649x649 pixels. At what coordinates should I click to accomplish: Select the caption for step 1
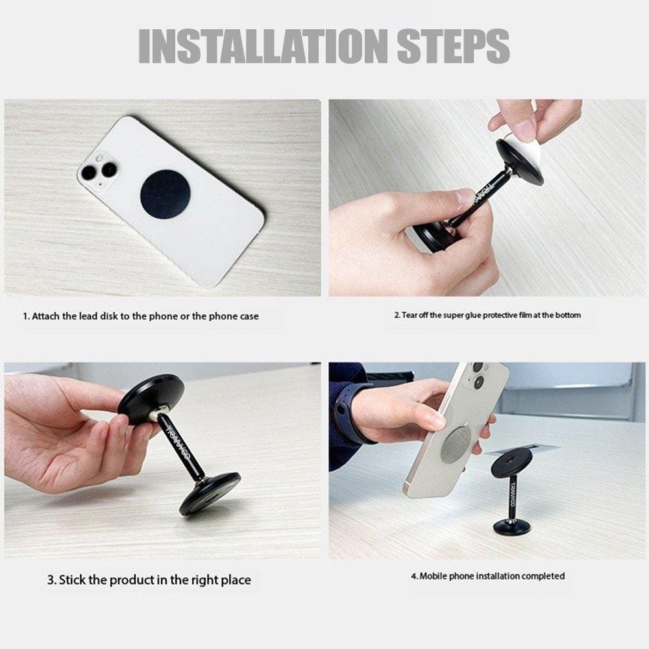click(x=141, y=316)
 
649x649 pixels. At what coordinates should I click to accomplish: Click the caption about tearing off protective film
click(x=487, y=315)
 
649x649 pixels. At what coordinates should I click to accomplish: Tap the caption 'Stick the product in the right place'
click(x=149, y=580)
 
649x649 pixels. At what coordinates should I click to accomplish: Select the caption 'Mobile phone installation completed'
click(x=487, y=576)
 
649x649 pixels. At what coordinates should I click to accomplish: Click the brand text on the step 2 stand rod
click(x=486, y=194)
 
